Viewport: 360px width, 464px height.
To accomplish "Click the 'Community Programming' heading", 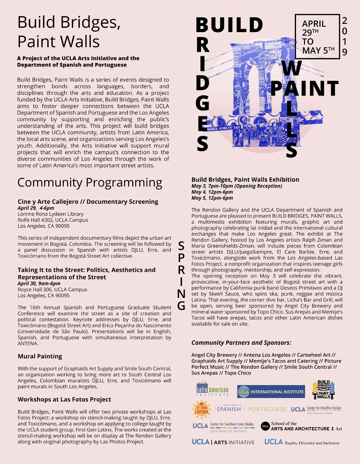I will (90, 183).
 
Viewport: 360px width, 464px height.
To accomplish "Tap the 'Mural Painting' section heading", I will (40, 356).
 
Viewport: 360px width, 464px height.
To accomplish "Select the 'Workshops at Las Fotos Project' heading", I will (64, 399).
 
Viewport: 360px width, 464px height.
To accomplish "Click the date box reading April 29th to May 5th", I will (317, 37).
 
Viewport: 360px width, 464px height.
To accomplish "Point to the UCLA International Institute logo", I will (271, 392).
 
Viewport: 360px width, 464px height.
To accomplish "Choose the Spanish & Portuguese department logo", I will (251, 409).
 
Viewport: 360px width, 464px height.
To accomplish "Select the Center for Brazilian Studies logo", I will (316, 410).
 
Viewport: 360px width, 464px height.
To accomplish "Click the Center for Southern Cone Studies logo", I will (223, 427).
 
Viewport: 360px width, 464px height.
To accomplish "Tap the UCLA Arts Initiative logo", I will (223, 442).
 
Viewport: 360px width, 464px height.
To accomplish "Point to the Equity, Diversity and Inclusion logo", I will (302, 442).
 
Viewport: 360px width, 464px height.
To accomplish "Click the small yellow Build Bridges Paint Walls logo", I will (324, 390).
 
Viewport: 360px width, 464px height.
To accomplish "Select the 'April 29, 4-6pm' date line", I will (36, 208).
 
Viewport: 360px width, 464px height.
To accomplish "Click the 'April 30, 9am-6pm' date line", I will (39, 283).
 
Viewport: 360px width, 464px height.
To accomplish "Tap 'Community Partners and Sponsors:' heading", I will (241, 343).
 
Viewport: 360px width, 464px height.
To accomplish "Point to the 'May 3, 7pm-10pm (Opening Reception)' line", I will (237, 186).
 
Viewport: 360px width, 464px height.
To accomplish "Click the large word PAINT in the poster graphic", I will (304, 88).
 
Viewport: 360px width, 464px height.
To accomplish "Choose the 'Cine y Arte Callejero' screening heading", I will (88, 202).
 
